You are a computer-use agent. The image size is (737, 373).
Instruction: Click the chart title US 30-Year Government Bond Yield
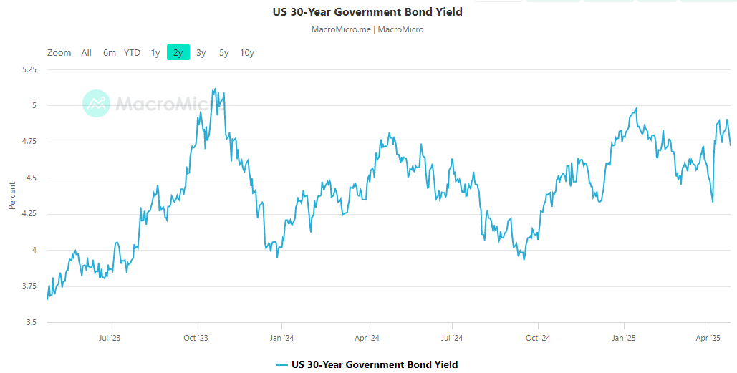click(x=367, y=12)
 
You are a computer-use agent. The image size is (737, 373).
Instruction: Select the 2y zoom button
click(x=178, y=52)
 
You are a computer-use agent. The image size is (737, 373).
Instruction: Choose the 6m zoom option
click(x=109, y=52)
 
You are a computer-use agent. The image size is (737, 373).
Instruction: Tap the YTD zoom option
click(x=132, y=52)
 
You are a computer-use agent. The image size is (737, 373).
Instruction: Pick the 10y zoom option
click(x=246, y=52)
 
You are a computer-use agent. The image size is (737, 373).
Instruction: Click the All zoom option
click(x=86, y=52)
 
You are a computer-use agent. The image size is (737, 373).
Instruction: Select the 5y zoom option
click(x=223, y=52)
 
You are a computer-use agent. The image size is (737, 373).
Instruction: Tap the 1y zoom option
click(x=155, y=52)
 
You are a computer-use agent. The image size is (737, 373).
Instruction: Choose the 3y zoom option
click(x=201, y=52)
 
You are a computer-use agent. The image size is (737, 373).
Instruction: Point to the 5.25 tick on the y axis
click(x=29, y=70)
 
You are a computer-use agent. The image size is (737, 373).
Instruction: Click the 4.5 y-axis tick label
click(x=32, y=178)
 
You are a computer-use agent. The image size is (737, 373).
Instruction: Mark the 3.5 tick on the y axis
click(x=32, y=322)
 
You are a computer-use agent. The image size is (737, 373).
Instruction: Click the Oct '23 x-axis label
click(x=196, y=338)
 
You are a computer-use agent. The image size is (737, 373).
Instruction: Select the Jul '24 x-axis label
click(x=451, y=338)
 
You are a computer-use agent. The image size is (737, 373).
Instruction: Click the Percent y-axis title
click(x=11, y=196)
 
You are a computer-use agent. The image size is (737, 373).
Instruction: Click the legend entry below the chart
click(x=367, y=364)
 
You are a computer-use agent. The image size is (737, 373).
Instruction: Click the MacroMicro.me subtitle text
click(x=341, y=29)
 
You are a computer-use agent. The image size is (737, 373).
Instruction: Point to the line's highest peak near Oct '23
click(x=215, y=89)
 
